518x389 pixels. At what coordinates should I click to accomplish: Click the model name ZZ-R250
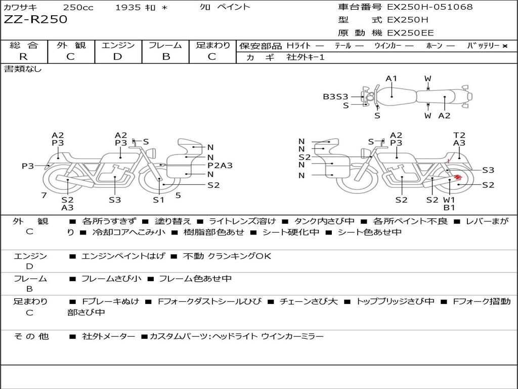click(35, 20)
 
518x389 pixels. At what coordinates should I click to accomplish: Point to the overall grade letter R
click(23, 57)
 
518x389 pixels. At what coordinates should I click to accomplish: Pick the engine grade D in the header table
click(117, 57)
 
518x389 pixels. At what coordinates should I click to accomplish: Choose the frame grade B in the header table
click(166, 57)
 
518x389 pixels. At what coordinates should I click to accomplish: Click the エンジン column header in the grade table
click(118, 46)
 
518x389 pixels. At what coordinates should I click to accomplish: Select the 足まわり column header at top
click(213, 46)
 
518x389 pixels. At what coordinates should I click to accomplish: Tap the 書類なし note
click(23, 69)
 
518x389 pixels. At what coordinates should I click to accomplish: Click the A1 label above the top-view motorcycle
click(392, 79)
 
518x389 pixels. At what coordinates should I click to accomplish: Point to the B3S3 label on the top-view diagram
click(335, 96)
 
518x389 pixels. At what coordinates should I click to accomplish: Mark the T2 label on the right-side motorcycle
click(459, 135)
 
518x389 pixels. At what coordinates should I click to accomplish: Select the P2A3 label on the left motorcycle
click(220, 165)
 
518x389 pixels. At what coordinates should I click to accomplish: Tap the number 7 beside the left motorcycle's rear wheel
click(44, 195)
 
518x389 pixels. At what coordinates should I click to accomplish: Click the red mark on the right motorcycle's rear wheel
click(458, 177)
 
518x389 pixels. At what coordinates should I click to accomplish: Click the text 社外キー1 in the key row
click(306, 57)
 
